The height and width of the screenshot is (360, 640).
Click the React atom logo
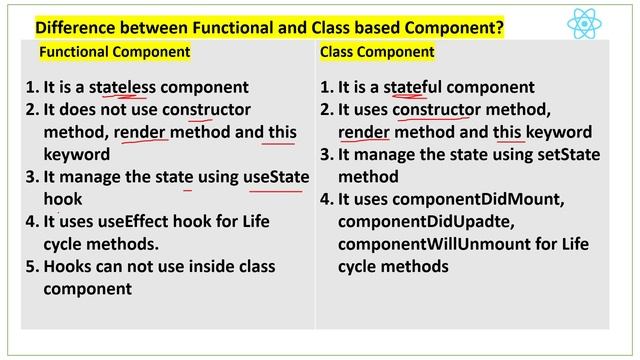click(584, 23)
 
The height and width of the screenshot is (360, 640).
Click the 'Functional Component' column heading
click(114, 51)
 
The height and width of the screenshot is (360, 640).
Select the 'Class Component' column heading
click(377, 51)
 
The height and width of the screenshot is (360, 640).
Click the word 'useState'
click(276, 177)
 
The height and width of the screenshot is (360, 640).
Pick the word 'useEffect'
click(129, 222)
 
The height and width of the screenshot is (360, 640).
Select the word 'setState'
click(510, 155)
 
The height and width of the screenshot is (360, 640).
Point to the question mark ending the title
click(498, 25)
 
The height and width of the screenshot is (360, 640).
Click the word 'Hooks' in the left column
click(68, 267)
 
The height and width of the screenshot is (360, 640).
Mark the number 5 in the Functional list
click(31, 267)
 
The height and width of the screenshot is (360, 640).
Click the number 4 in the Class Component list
click(326, 200)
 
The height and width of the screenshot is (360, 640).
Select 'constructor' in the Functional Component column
click(206, 109)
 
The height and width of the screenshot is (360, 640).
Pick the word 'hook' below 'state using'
click(62, 199)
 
